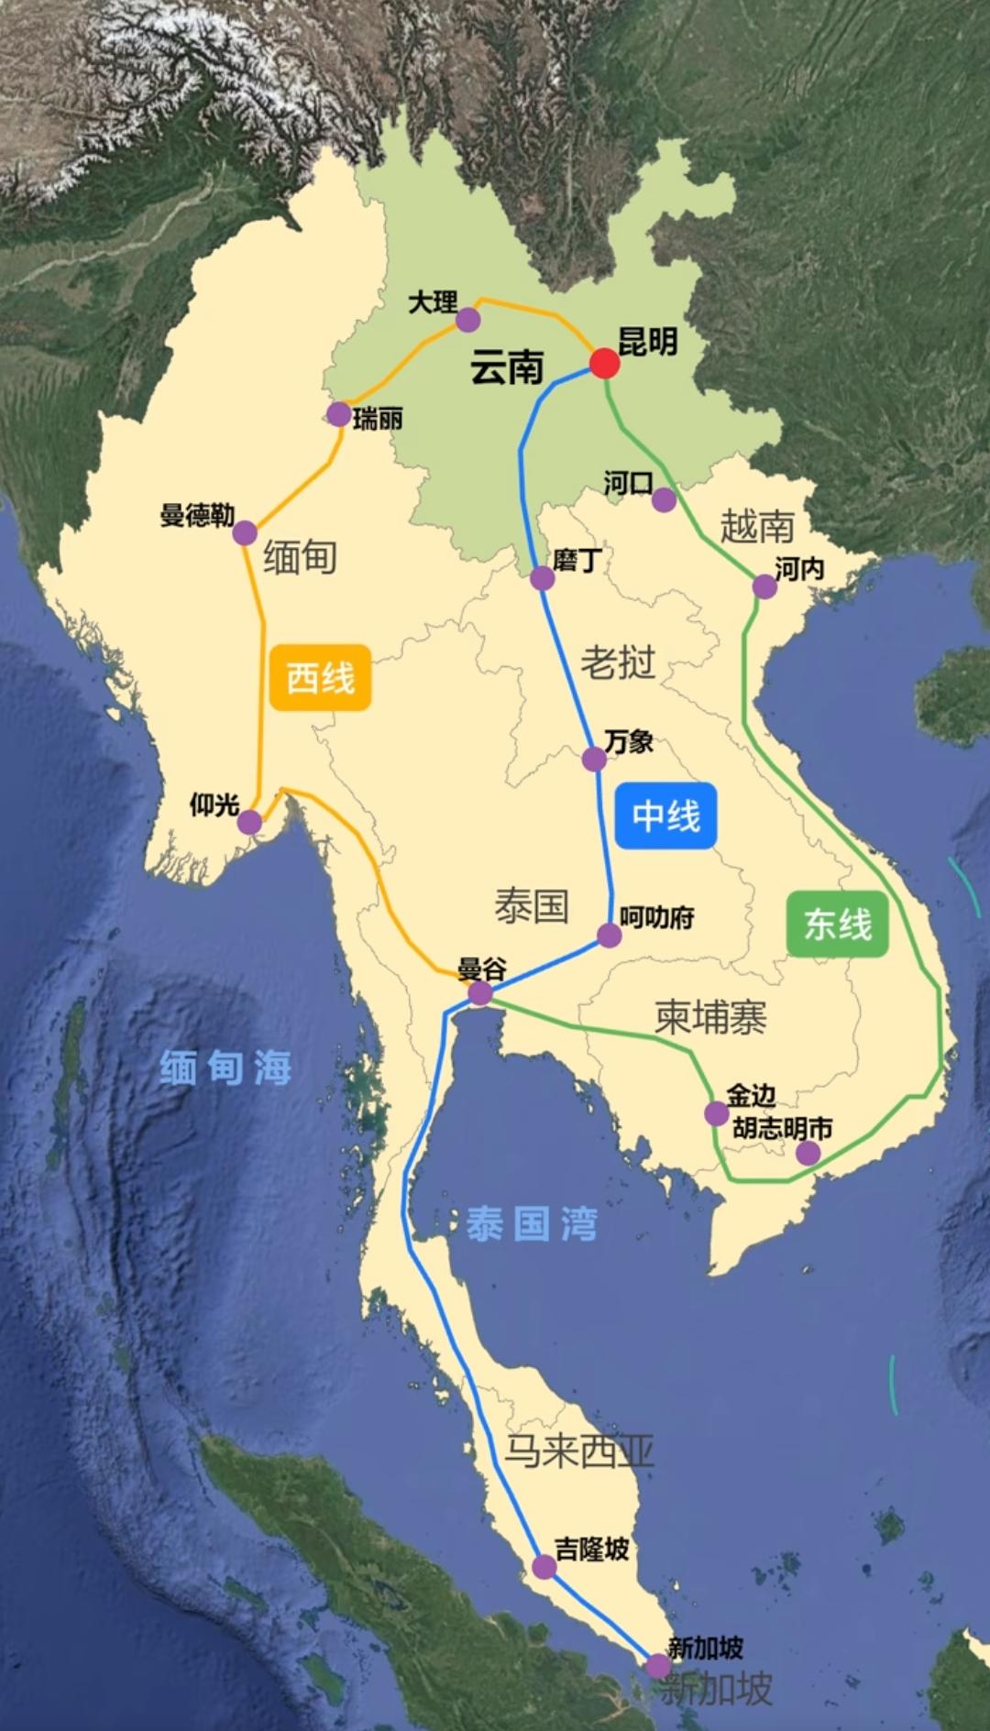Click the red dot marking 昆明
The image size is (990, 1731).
[604, 363]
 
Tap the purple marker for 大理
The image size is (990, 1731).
[468, 319]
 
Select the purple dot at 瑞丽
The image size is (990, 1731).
[338, 414]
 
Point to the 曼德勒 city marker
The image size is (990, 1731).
[245, 532]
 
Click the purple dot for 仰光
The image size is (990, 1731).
[249, 822]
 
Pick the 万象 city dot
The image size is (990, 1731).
[594, 759]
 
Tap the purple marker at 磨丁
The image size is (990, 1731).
[542, 578]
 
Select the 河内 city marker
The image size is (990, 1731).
[764, 586]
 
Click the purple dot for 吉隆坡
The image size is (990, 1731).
[544, 1567]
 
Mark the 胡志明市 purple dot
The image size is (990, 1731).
[808, 1153]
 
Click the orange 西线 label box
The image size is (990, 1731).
[320, 677]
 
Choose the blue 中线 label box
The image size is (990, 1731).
[666, 815]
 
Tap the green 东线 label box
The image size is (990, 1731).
[838, 924]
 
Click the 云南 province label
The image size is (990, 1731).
[507, 367]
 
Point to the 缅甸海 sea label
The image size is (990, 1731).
[225, 1068]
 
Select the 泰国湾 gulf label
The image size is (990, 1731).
[532, 1223]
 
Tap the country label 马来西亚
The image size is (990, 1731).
[579, 1450]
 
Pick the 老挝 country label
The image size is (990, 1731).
[618, 662]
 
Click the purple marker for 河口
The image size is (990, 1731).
[664, 500]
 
